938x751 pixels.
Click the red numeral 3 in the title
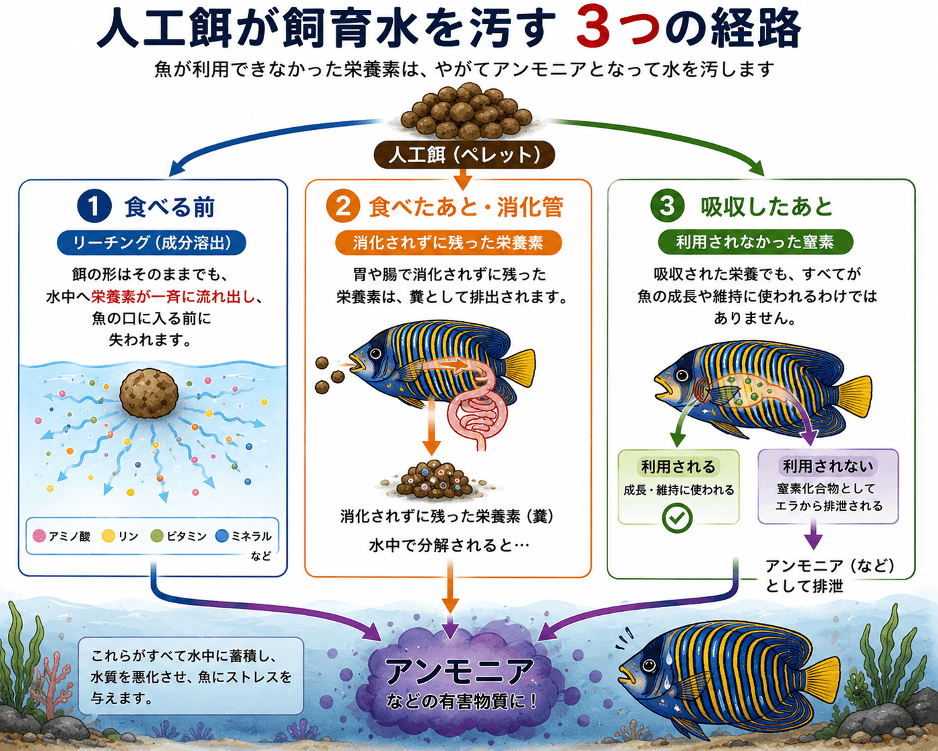pyautogui.click(x=595, y=27)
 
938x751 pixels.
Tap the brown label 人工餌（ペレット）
pyautogui.click(x=464, y=155)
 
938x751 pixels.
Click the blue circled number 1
pyautogui.click(x=94, y=206)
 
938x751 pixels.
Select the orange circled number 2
pyautogui.click(x=343, y=206)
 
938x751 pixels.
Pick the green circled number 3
pyautogui.click(x=667, y=206)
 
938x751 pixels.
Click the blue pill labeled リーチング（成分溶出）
pyautogui.click(x=151, y=242)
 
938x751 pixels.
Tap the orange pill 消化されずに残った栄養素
pyautogui.click(x=448, y=242)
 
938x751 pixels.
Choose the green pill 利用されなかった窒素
pyautogui.click(x=755, y=242)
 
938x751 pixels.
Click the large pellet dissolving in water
pyautogui.click(x=149, y=393)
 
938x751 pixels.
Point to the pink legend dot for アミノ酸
pyautogui.click(x=39, y=536)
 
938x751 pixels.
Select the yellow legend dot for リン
pyautogui.click(x=108, y=536)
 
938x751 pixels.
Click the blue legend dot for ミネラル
pyautogui.click(x=222, y=536)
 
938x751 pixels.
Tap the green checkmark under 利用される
pyautogui.click(x=677, y=517)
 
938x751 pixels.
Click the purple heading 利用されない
pyautogui.click(x=828, y=467)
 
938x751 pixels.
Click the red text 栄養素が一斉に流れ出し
pyautogui.click(x=173, y=297)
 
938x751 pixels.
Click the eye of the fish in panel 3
pyautogui.click(x=682, y=375)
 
